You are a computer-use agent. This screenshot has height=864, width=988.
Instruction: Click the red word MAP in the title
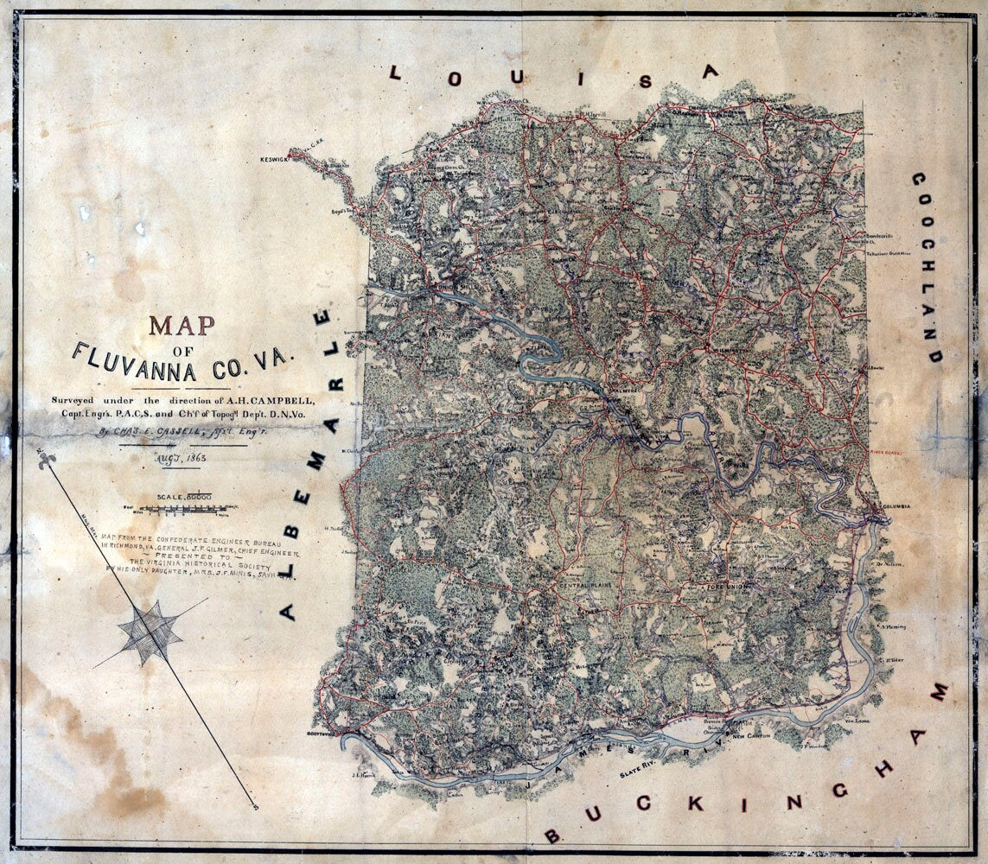click(x=182, y=325)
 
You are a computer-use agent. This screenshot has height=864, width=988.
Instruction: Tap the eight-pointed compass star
click(x=150, y=632)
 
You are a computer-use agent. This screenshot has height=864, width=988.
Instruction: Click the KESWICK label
click(x=271, y=160)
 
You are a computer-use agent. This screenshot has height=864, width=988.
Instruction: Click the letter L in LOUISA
click(x=395, y=73)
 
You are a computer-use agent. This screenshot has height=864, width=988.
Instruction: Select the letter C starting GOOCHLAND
click(x=919, y=182)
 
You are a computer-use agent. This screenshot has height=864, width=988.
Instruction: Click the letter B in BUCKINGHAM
click(x=551, y=835)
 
